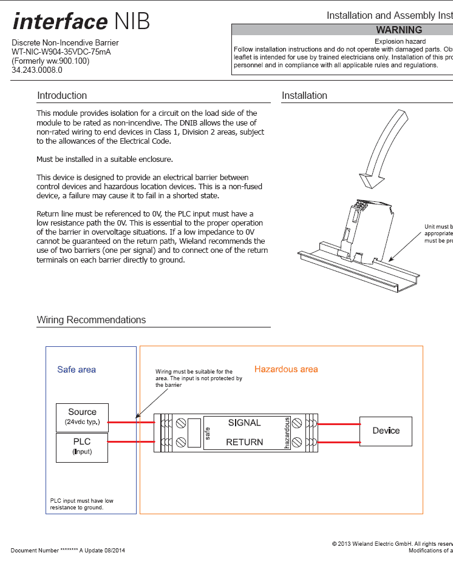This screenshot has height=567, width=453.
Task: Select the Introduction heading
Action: click(62, 96)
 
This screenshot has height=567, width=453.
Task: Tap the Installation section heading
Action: click(304, 96)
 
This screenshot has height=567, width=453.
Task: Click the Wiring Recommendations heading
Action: click(91, 320)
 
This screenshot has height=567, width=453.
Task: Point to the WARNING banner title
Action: click(399, 30)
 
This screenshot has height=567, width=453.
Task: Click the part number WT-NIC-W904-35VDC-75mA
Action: click(61, 52)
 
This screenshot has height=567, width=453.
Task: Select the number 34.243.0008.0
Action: click(37, 70)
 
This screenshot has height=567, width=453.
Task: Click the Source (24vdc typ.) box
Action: click(82, 417)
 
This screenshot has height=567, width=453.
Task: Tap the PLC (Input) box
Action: click(82, 447)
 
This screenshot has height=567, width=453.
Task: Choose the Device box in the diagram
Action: click(386, 431)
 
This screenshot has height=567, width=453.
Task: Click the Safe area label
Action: click(77, 369)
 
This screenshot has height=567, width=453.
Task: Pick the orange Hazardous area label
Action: click(286, 369)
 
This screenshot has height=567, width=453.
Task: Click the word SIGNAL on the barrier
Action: click(244, 423)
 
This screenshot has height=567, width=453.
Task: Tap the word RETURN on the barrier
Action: click(244, 442)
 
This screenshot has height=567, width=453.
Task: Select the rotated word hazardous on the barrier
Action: click(287, 433)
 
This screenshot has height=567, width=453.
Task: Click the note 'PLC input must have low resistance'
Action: click(81, 504)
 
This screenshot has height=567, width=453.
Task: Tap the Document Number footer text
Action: click(67, 550)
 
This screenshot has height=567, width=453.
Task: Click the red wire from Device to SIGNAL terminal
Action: click(339, 424)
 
